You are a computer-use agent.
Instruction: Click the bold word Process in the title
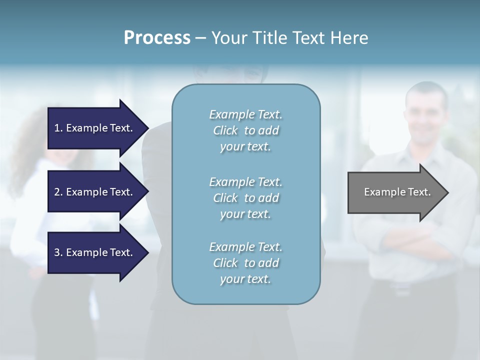point(157,38)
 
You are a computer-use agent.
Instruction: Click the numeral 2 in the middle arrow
point(57,192)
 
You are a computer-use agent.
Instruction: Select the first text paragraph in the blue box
point(245,130)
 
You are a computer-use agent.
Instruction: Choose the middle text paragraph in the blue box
point(245,198)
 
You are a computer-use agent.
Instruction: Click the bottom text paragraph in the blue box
point(245,263)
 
